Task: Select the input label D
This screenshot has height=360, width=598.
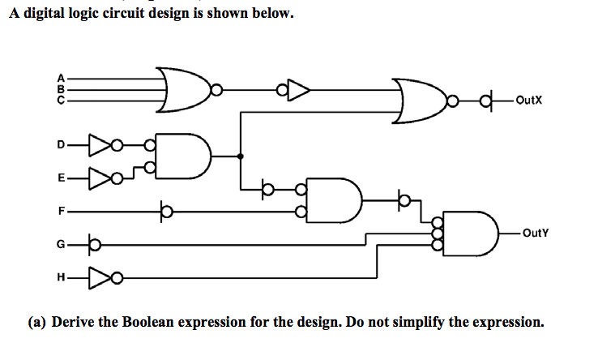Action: [x=60, y=147]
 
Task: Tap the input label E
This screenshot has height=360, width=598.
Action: [x=60, y=176]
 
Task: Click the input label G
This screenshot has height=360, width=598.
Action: [x=60, y=242]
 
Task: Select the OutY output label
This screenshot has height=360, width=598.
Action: [x=536, y=233]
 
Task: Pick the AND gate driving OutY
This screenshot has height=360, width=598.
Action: [x=470, y=233]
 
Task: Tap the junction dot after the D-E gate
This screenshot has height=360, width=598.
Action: [x=241, y=155]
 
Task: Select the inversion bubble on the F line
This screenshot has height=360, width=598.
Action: [x=165, y=212]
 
